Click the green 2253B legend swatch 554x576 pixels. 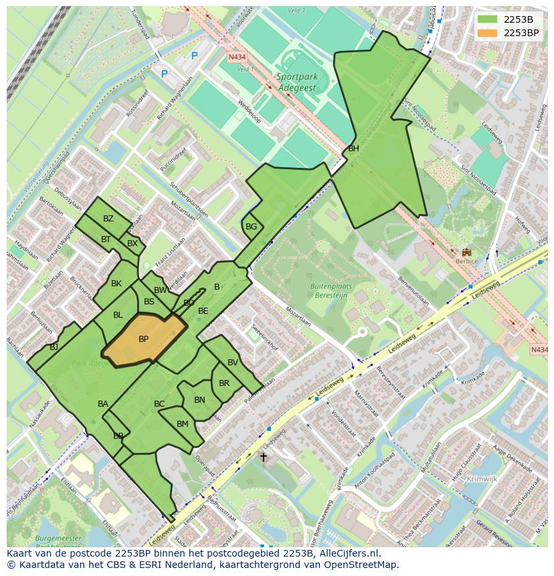(x=487, y=19)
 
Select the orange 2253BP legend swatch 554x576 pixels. (x=487, y=33)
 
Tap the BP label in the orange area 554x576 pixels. (x=143, y=339)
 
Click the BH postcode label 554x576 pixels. (x=353, y=149)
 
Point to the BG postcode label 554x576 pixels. (x=251, y=227)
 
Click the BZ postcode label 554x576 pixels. (x=108, y=219)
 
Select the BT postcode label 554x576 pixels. (x=106, y=239)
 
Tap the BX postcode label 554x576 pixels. (x=132, y=244)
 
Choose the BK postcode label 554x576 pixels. (x=116, y=284)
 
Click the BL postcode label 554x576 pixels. (x=118, y=315)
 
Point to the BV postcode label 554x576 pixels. (x=232, y=363)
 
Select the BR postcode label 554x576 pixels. (x=224, y=383)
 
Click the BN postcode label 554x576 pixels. (x=199, y=400)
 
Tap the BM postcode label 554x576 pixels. (x=183, y=424)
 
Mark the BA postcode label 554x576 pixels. (x=103, y=404)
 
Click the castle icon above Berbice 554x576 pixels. (x=466, y=252)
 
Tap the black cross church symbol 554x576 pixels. (x=264, y=458)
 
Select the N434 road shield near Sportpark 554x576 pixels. (x=237, y=58)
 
